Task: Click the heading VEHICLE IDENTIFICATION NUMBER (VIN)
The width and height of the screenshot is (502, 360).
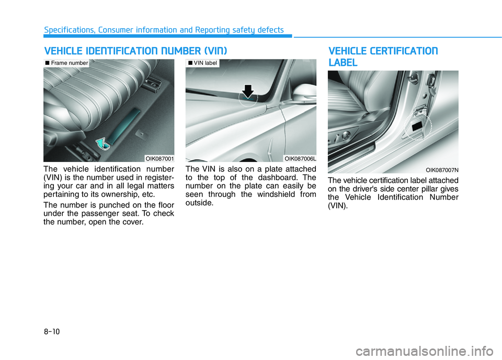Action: tap(135, 51)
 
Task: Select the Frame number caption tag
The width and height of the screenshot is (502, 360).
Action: tap(66, 63)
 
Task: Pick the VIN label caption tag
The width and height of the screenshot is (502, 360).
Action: tap(203, 63)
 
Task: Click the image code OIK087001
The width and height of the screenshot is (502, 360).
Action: tap(160, 158)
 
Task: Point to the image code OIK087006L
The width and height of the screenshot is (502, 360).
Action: tap(301, 158)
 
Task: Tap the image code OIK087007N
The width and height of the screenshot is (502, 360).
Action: tap(442, 169)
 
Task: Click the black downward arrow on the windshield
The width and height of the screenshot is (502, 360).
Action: tap(248, 91)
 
